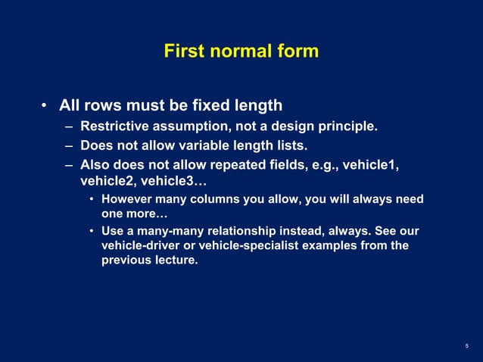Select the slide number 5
pyautogui.click(x=467, y=345)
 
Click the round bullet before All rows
pyautogui.click(x=45, y=105)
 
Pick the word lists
pyautogui.click(x=292, y=145)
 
